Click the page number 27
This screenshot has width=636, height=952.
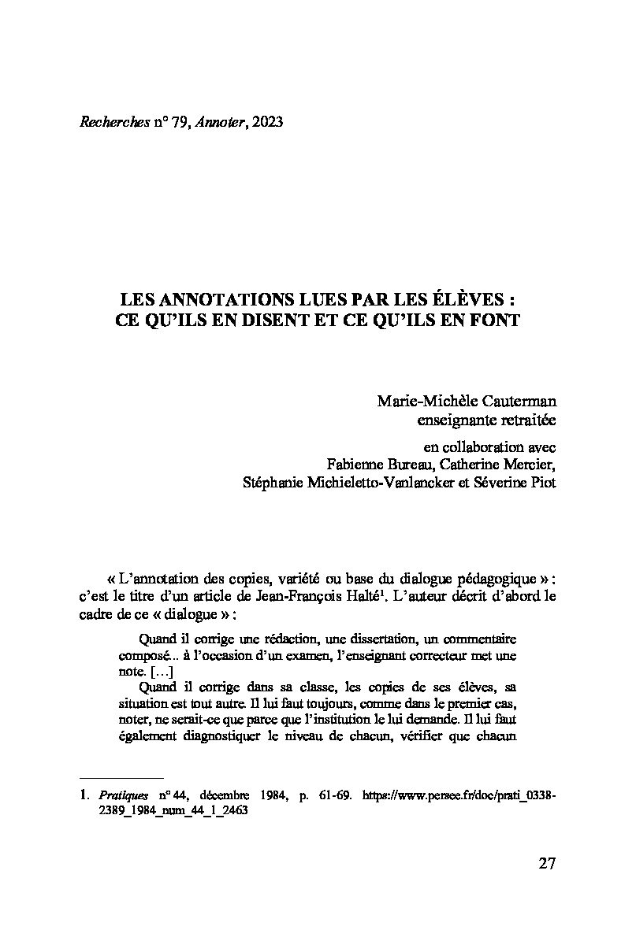point(547,863)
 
